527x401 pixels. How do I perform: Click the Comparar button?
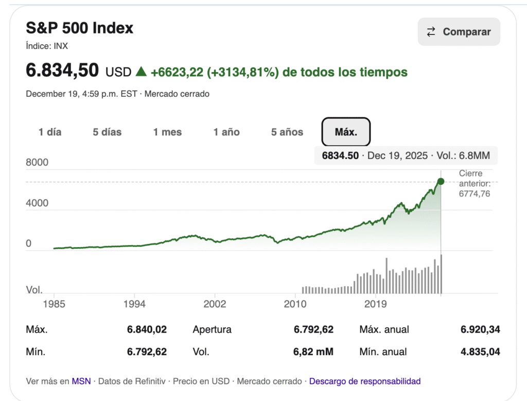(x=459, y=32)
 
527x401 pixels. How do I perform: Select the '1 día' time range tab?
(x=50, y=132)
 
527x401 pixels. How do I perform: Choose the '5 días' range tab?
(x=107, y=132)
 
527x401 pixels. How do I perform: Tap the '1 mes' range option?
(x=167, y=132)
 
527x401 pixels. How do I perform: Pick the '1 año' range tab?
(x=226, y=132)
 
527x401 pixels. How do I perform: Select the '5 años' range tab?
(x=287, y=132)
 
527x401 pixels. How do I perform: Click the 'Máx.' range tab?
(x=346, y=132)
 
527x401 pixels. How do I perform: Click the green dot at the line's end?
(x=441, y=181)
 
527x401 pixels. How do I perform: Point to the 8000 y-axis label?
(x=37, y=163)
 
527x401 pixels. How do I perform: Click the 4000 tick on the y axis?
(x=37, y=203)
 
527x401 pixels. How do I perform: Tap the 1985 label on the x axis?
(x=54, y=304)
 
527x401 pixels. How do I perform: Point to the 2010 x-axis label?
(x=295, y=304)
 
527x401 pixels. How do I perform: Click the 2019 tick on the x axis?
(x=375, y=304)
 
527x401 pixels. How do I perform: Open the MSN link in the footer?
(x=81, y=381)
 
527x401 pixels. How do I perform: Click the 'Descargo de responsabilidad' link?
(x=365, y=381)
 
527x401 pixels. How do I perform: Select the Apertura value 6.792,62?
(x=313, y=329)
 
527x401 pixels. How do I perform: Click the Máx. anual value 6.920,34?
(x=480, y=329)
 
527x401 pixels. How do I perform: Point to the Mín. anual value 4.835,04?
(x=480, y=352)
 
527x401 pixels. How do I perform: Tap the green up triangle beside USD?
(x=141, y=72)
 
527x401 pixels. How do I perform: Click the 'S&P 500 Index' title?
(x=80, y=28)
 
